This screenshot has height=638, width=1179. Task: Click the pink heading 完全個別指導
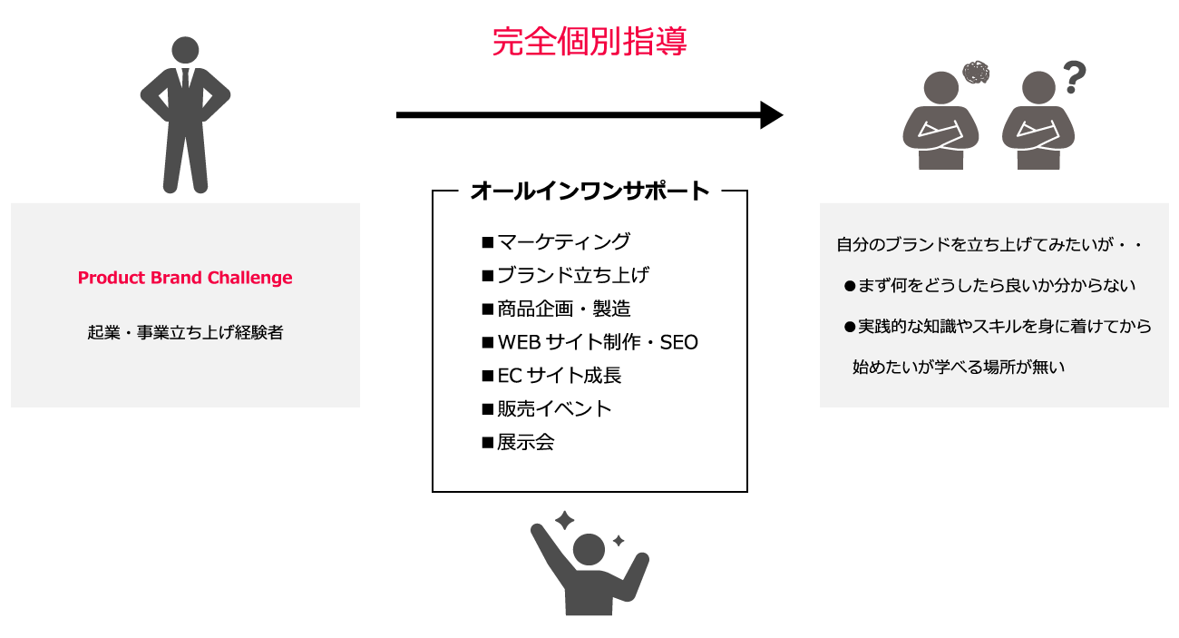point(589,42)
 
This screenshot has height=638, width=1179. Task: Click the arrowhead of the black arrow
point(771,115)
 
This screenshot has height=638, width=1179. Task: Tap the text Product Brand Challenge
point(185,278)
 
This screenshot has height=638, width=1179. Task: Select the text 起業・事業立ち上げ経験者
point(185,333)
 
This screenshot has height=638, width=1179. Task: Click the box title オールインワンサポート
point(589,191)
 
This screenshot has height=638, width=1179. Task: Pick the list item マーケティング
point(562,241)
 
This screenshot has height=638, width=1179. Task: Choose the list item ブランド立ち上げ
point(572,275)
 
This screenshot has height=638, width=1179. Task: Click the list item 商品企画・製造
point(563,309)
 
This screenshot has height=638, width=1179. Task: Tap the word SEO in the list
point(679,342)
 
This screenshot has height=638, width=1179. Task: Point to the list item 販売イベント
point(554,409)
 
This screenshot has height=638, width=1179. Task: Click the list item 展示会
point(525,443)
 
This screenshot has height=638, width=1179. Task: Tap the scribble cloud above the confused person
point(976,73)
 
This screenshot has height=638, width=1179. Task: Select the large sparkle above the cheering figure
point(565,521)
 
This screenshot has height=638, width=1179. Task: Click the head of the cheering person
point(589,548)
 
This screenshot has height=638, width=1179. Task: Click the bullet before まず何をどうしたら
point(850,286)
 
